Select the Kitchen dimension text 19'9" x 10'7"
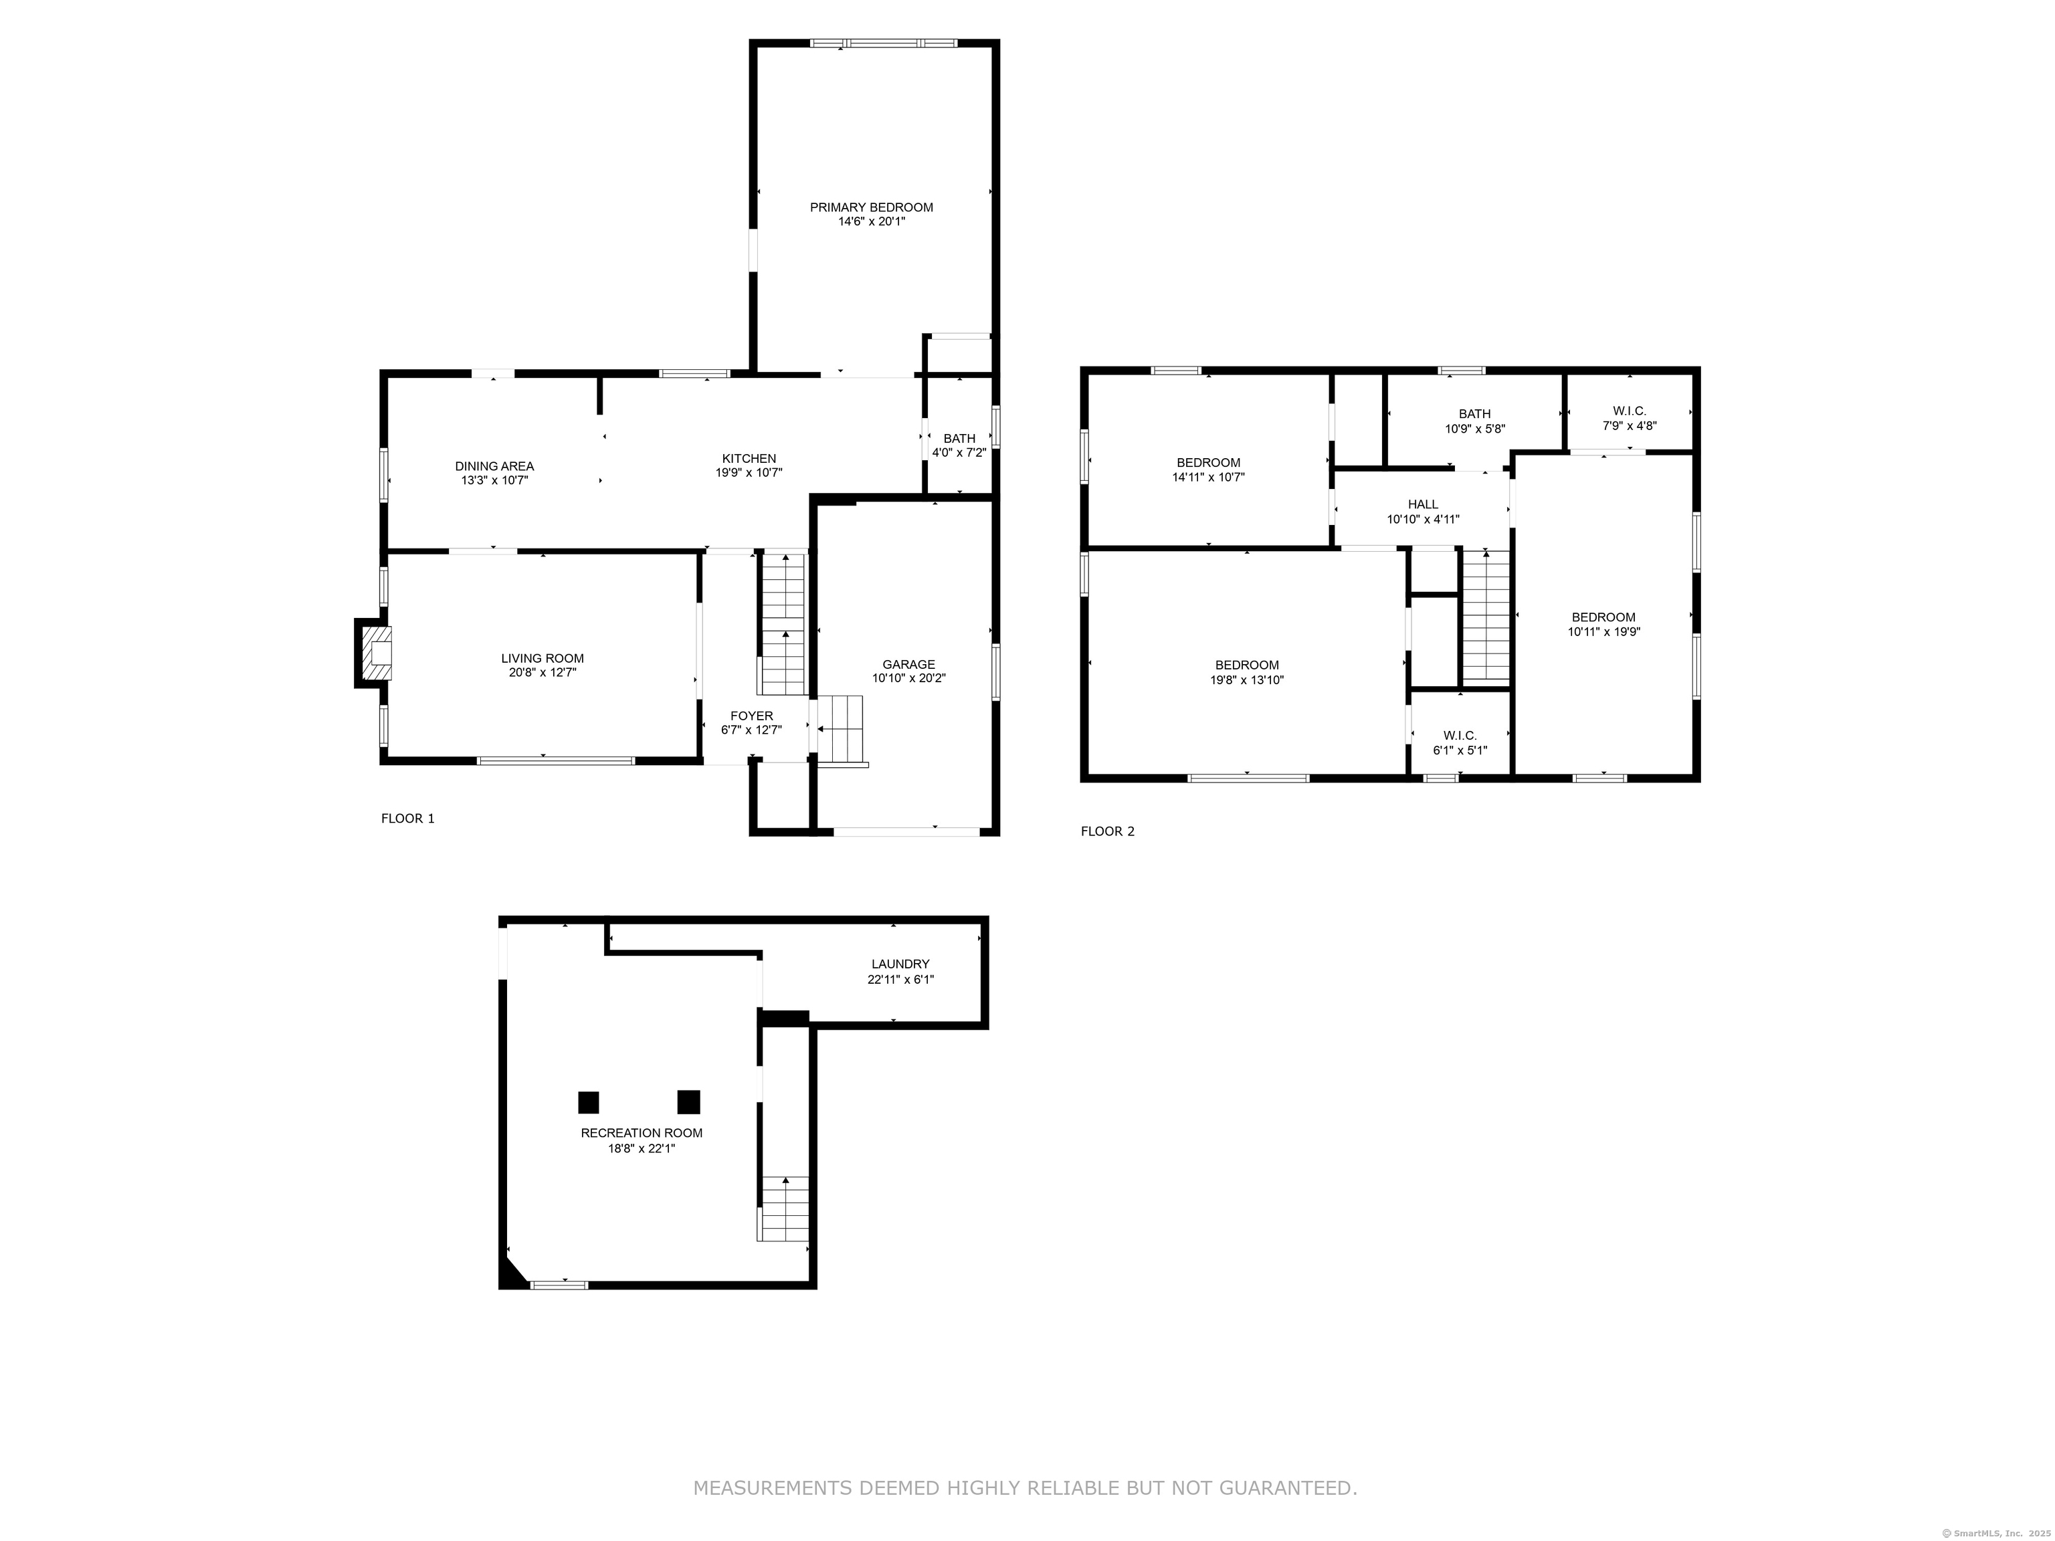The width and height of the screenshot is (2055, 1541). point(749,473)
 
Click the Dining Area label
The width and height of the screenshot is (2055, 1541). point(494,466)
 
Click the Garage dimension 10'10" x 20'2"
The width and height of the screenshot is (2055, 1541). point(908,678)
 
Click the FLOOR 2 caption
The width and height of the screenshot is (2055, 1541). point(1106,831)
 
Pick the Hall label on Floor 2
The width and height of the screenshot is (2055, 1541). point(1422,504)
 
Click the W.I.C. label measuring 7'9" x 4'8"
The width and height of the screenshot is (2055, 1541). point(1630,411)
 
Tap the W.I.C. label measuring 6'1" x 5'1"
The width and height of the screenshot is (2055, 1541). point(1460,736)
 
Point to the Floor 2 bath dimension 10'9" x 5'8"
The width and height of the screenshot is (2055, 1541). point(1474,429)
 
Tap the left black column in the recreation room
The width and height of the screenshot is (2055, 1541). point(588,1102)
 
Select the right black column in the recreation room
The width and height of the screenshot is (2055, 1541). point(688,1102)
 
